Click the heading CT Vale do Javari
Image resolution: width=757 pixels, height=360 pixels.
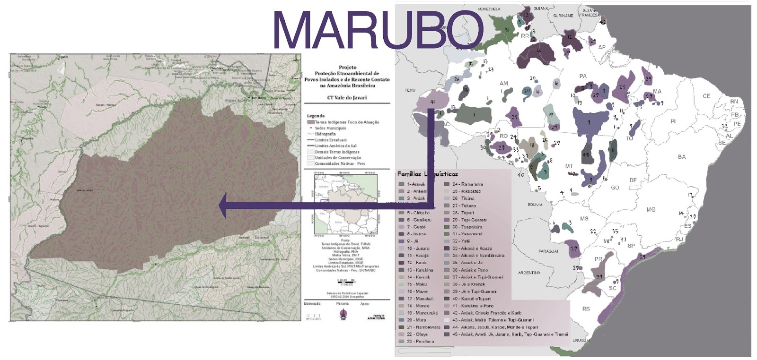[x=347, y=98]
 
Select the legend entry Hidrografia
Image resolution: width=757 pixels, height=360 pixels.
[x=325, y=134]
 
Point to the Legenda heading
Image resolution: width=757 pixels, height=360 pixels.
[x=316, y=116]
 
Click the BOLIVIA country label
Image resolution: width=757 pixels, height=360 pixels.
[x=535, y=205]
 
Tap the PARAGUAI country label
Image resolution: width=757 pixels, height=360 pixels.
[x=548, y=251]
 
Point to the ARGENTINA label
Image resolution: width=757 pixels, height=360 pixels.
[x=529, y=273]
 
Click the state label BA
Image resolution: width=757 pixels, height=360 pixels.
[x=681, y=157]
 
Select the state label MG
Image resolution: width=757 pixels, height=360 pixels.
[x=651, y=209]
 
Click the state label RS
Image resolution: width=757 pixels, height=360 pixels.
[x=586, y=309]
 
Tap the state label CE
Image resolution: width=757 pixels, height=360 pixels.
[x=706, y=96]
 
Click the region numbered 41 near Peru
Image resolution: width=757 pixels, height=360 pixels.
[x=431, y=101]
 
